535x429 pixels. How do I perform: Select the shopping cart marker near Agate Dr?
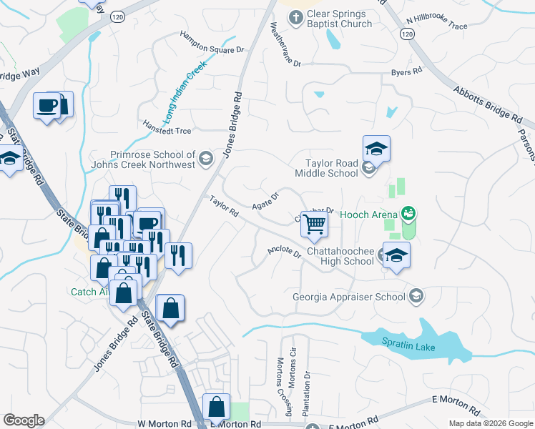tap(315, 224)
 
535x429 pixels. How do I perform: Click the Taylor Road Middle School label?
tap(326, 169)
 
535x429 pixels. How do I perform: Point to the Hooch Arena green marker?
tap(408, 212)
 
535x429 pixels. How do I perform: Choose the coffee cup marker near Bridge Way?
tap(48, 106)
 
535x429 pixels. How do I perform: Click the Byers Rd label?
tap(406, 72)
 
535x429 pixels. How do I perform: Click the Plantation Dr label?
tap(307, 393)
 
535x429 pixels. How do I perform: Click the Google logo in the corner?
tap(24, 420)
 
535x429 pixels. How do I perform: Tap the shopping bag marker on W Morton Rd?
tap(216, 407)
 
